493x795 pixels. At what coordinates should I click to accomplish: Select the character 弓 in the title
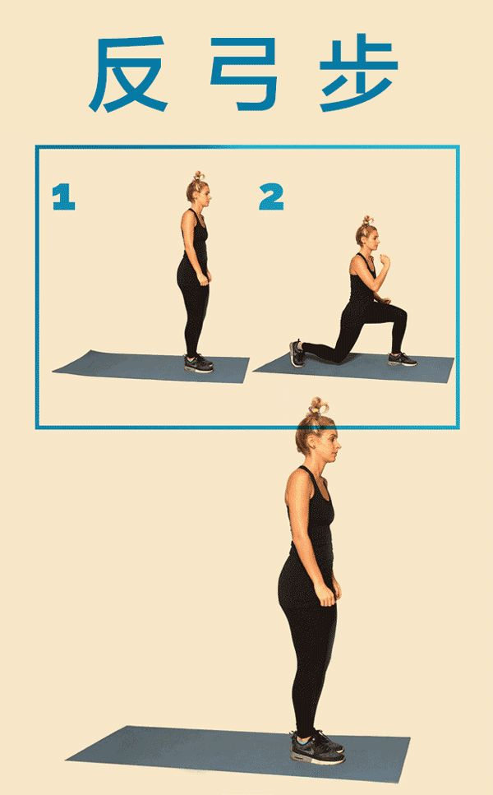[x=244, y=73]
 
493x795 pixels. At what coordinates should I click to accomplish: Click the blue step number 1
[x=64, y=197]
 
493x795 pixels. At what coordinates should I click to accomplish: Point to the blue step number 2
[x=272, y=197]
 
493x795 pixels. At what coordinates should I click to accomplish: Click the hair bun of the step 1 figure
[x=198, y=177]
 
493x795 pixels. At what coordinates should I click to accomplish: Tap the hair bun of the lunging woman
[x=366, y=221]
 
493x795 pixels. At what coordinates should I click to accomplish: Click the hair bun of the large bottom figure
[x=318, y=407]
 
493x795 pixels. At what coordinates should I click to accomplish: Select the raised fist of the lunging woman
[x=385, y=261]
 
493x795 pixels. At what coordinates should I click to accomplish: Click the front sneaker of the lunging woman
[x=403, y=359]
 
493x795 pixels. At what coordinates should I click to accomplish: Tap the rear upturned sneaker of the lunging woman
[x=297, y=354]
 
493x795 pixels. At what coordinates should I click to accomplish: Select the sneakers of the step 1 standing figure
[x=199, y=363]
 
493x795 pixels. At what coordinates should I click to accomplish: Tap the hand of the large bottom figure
[x=326, y=593]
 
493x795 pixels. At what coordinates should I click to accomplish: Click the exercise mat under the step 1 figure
[x=151, y=366]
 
